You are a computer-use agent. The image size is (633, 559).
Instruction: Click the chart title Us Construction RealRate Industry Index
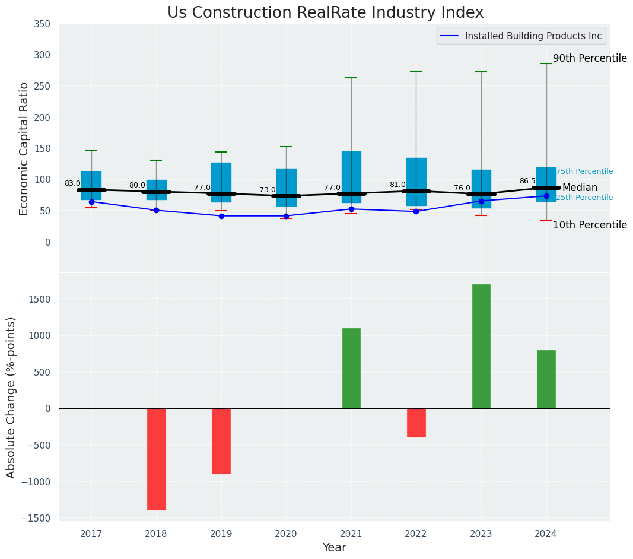click(325, 13)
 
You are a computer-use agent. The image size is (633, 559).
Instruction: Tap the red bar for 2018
click(156, 459)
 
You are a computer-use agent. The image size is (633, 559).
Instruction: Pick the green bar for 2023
click(481, 347)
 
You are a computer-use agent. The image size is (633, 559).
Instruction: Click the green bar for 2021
click(351, 368)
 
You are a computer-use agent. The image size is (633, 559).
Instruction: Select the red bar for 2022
click(416, 423)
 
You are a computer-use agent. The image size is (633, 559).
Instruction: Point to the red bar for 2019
click(221, 441)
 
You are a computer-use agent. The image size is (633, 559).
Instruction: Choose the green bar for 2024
click(546, 379)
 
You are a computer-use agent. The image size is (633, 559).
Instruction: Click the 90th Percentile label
click(589, 58)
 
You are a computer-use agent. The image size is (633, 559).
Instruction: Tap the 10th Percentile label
click(589, 225)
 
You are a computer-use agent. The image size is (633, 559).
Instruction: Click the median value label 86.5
click(527, 181)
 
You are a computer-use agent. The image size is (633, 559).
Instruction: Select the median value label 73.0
click(267, 190)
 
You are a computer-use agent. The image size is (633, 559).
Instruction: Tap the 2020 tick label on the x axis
click(286, 534)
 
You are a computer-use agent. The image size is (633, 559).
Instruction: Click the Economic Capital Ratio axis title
click(24, 148)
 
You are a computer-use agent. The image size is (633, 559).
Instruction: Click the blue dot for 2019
click(221, 216)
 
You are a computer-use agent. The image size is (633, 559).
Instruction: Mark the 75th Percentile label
click(584, 171)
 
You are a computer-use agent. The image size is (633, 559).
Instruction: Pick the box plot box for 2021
click(351, 177)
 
